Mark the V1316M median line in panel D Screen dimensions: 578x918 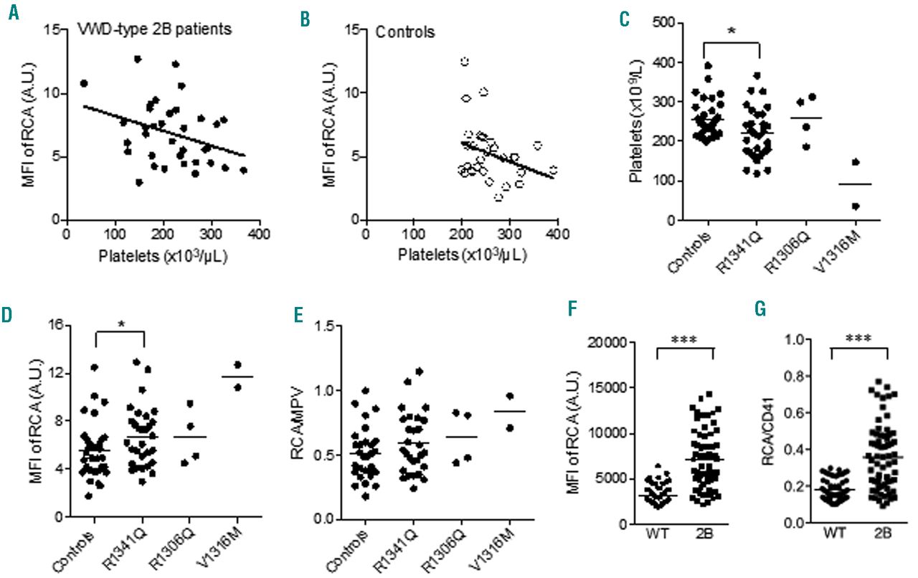point(237,376)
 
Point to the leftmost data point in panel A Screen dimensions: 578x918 point(84,83)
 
